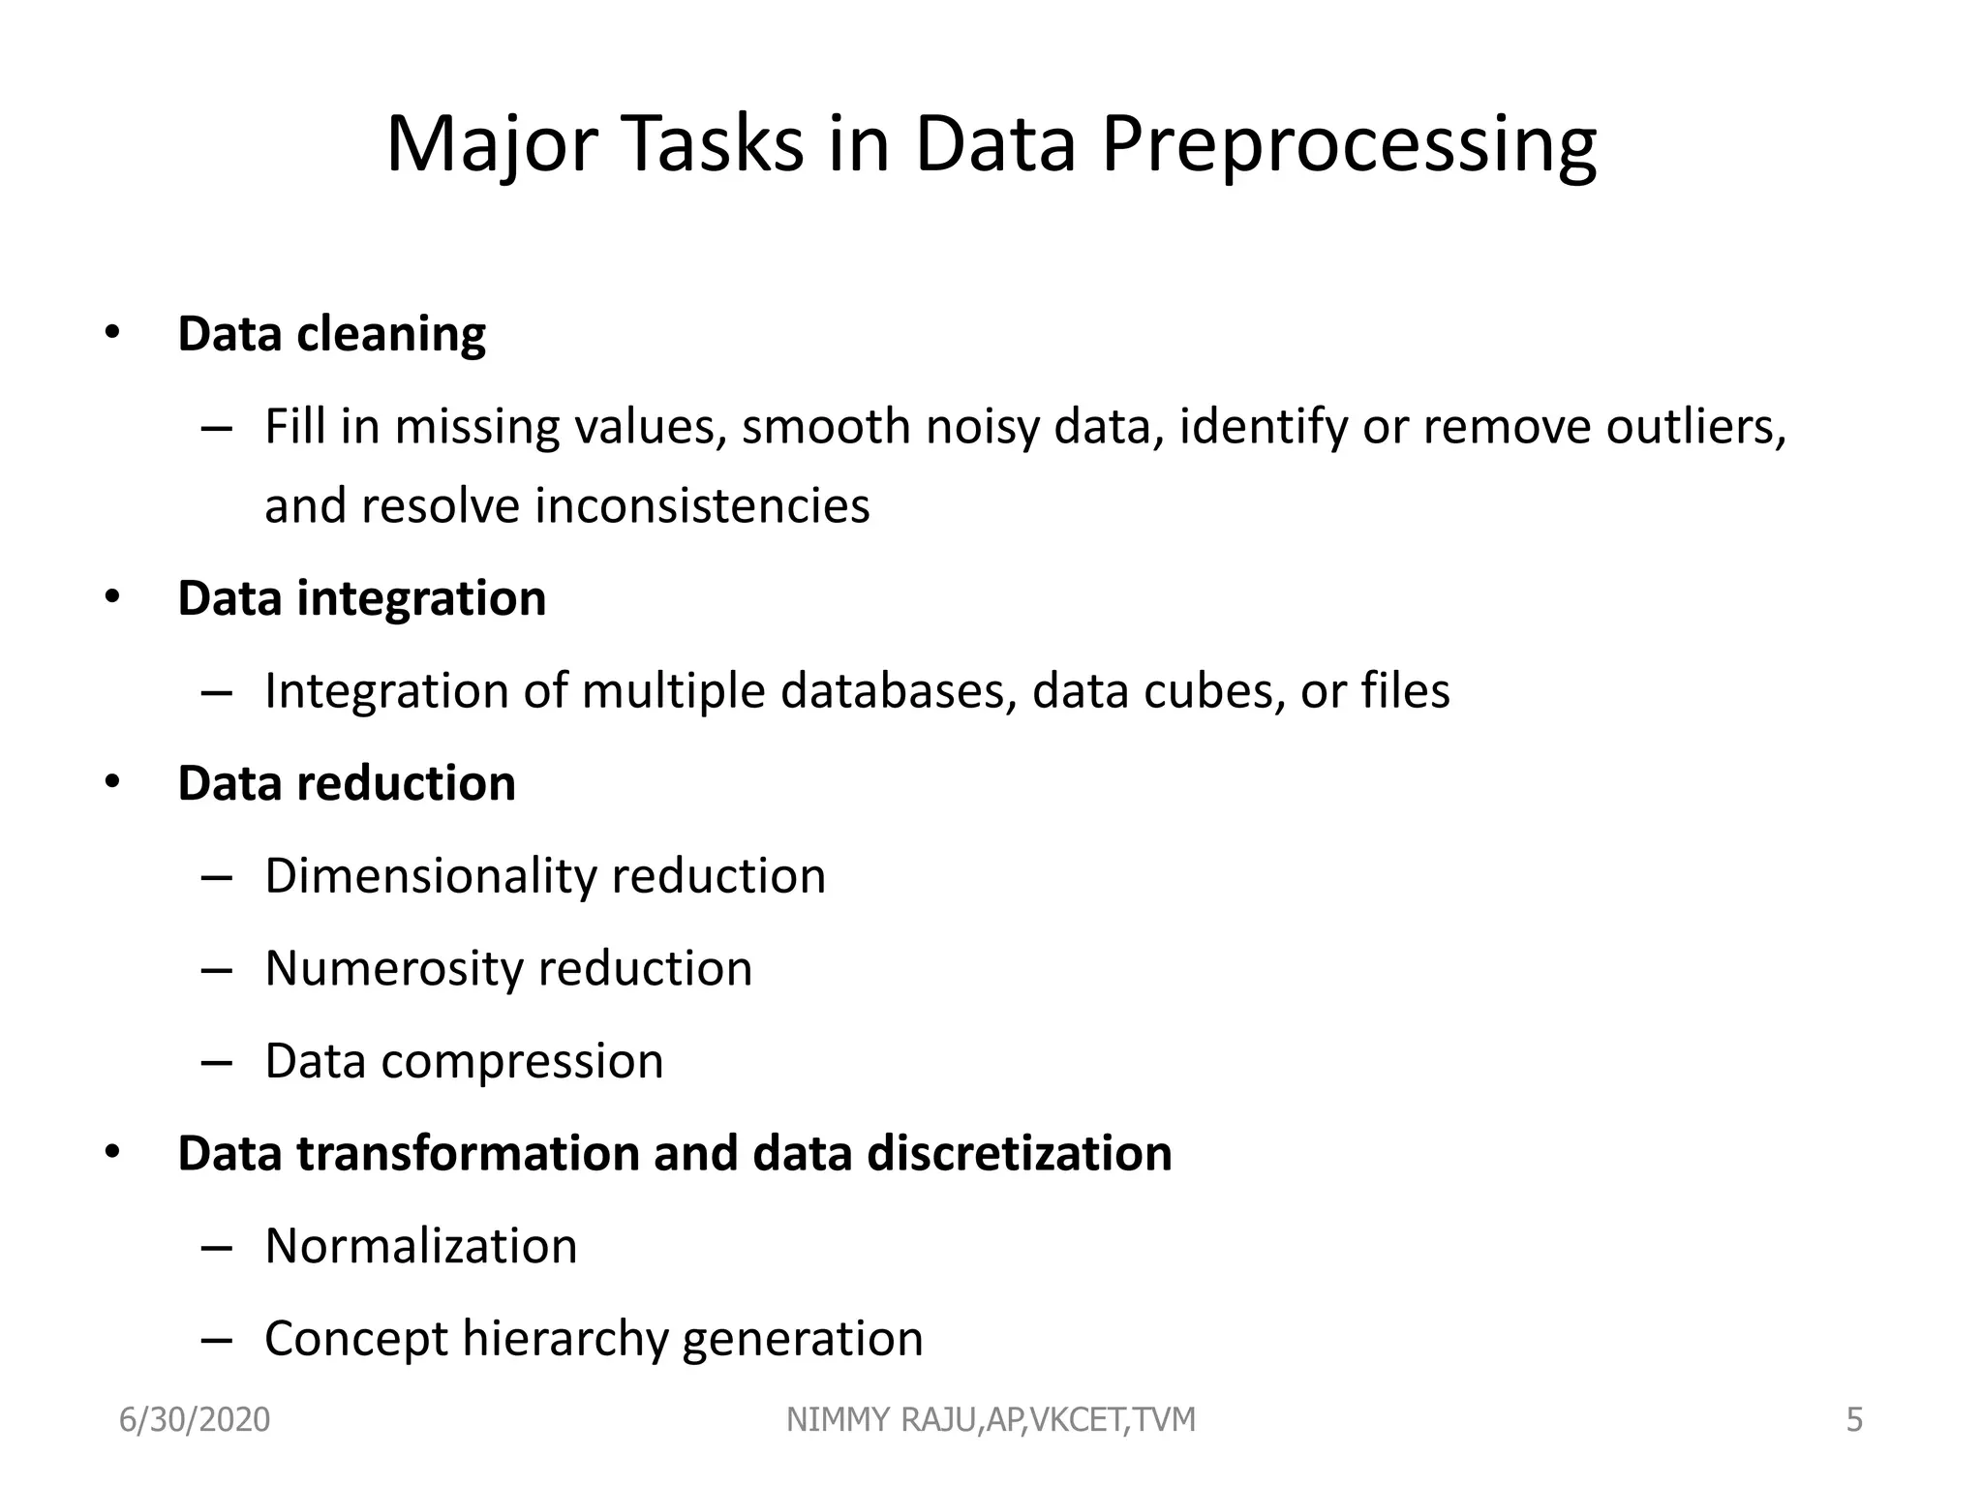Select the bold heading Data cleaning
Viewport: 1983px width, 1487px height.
point(331,334)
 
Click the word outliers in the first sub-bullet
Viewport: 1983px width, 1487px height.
point(1694,427)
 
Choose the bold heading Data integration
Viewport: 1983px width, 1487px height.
point(361,597)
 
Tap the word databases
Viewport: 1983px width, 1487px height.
point(898,690)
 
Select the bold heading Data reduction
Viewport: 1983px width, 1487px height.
point(346,782)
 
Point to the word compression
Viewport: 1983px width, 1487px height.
point(522,1061)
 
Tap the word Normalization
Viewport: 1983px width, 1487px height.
point(420,1246)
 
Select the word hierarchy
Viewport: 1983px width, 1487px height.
point(564,1339)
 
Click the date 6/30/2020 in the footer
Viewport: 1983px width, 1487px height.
point(195,1420)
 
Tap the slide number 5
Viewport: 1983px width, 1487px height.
point(1854,1420)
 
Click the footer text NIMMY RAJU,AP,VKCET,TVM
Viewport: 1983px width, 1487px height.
point(991,1420)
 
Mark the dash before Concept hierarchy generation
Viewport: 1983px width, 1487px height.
point(217,1341)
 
